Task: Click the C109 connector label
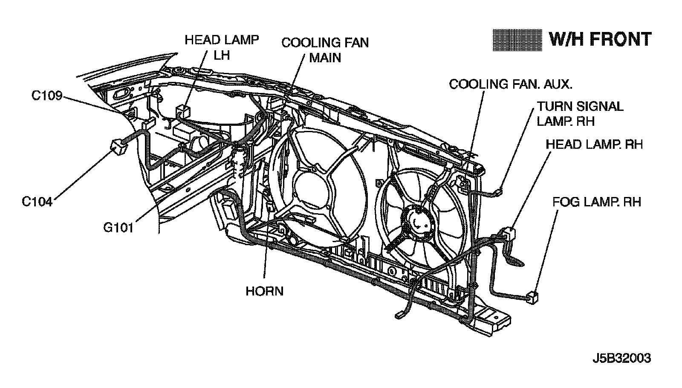(x=46, y=96)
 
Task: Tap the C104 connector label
(x=37, y=202)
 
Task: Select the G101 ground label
(x=118, y=228)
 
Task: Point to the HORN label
(x=264, y=292)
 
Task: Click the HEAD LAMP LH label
(x=222, y=47)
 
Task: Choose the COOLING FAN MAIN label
(x=325, y=50)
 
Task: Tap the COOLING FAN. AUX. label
(x=511, y=84)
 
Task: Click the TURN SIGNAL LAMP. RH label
(x=580, y=114)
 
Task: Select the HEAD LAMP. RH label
(x=594, y=145)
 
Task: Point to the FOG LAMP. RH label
(x=597, y=202)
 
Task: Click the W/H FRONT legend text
(x=600, y=39)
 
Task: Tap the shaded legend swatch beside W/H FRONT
(x=517, y=40)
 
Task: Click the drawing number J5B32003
(x=622, y=359)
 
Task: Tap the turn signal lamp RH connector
(x=498, y=192)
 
